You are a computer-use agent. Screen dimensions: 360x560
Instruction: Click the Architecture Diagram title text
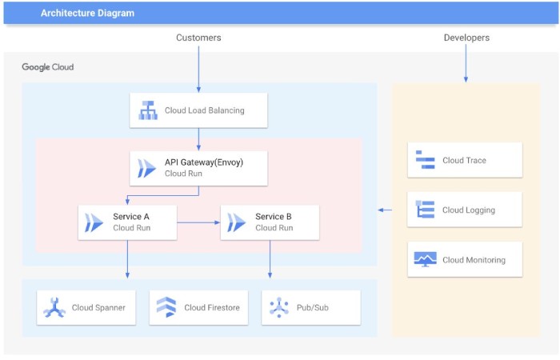88,13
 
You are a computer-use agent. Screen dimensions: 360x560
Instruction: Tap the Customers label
198,38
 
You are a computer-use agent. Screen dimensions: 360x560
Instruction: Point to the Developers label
466,38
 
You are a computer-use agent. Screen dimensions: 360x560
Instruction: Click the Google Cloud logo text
47,67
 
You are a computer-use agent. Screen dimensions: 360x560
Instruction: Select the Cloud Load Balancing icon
148,110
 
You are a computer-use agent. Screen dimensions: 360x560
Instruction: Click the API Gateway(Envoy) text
204,162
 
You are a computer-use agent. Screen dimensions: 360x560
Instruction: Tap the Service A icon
94,222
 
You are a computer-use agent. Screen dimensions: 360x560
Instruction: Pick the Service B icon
237,222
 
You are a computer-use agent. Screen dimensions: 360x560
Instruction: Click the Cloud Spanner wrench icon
54,307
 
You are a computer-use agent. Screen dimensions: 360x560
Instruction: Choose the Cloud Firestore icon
166,307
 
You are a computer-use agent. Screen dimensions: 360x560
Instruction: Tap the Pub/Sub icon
278,307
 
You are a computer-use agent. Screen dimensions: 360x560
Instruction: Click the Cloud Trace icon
425,160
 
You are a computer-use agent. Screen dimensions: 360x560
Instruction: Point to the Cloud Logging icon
425,210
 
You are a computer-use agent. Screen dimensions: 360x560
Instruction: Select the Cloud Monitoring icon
425,259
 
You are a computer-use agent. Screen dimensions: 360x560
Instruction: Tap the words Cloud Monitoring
474,260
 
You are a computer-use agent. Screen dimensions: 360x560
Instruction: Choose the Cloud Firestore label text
212,307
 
